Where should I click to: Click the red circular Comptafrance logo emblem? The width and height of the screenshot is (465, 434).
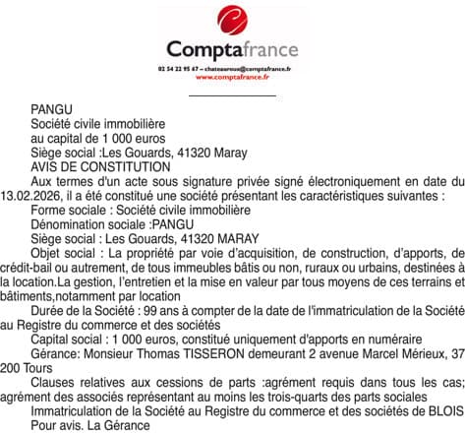pyautogui.click(x=232, y=20)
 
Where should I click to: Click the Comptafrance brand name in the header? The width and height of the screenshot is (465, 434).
pyautogui.click(x=232, y=48)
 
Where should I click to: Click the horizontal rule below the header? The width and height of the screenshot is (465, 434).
pyautogui.click(x=232, y=94)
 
